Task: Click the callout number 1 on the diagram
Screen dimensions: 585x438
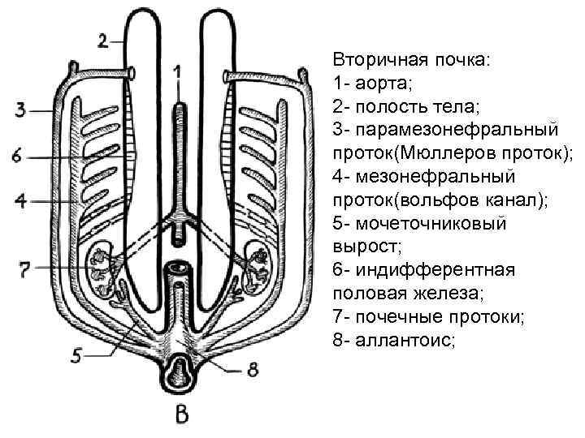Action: pyautogui.click(x=177, y=72)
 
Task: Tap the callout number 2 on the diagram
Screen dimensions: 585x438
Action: pyautogui.click(x=102, y=40)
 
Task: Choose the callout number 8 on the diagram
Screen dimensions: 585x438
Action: pyautogui.click(x=253, y=371)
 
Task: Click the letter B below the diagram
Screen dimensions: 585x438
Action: pyautogui.click(x=182, y=414)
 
